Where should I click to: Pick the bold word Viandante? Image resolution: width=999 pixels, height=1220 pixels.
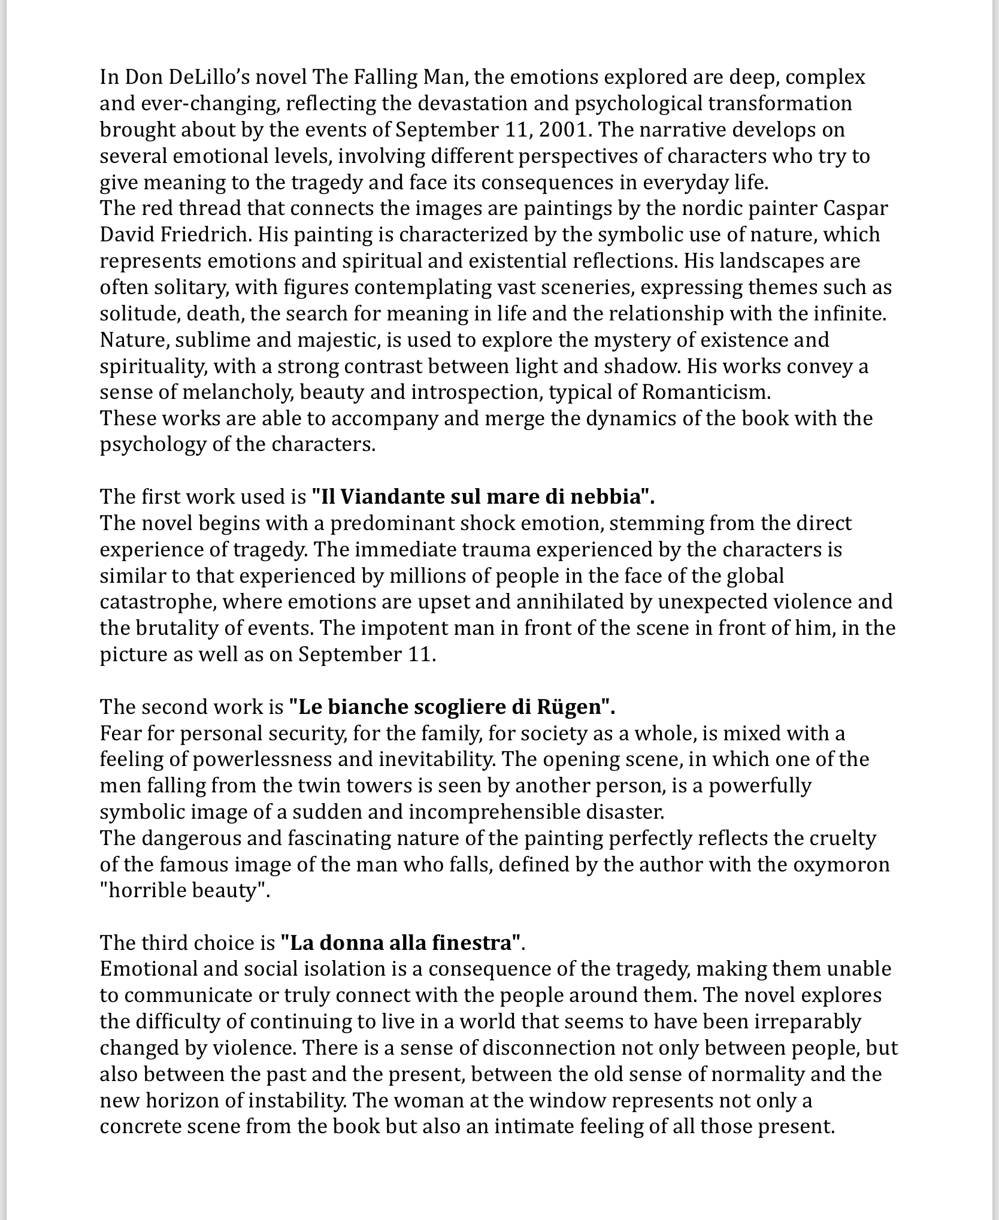[x=396, y=497]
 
